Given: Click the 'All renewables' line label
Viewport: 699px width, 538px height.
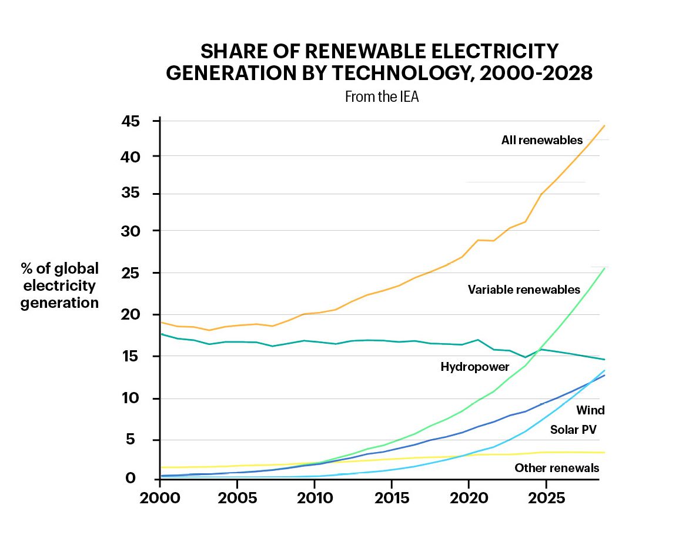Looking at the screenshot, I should (x=541, y=140).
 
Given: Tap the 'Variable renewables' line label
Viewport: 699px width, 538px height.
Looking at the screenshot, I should (x=524, y=290).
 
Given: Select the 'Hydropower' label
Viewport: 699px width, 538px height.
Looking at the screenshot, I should (x=475, y=367).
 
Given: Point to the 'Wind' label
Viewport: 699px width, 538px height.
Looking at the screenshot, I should (x=590, y=410).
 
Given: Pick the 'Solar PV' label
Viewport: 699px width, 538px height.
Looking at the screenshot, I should (x=573, y=430).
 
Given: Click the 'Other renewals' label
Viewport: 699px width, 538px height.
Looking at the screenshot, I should (x=557, y=468).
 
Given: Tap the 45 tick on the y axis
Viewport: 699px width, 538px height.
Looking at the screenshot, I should (x=132, y=121).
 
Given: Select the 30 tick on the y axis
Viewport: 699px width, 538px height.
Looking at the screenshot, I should (x=132, y=231).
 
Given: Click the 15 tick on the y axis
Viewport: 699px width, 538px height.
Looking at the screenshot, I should (x=132, y=356).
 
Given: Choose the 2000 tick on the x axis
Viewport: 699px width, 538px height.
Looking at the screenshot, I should (x=159, y=498).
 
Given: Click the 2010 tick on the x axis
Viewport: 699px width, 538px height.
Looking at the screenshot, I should (x=314, y=498).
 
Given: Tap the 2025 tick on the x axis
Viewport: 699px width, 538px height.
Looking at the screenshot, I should (x=546, y=498).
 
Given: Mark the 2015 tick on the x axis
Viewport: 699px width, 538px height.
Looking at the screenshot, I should (x=392, y=498).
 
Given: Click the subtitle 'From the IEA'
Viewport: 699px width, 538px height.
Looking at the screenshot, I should (x=382, y=97).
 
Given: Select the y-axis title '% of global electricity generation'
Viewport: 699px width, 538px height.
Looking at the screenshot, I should (x=59, y=286).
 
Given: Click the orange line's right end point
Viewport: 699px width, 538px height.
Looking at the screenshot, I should (x=604, y=125).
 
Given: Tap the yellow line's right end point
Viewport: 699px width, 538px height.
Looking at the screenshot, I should (x=604, y=453).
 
